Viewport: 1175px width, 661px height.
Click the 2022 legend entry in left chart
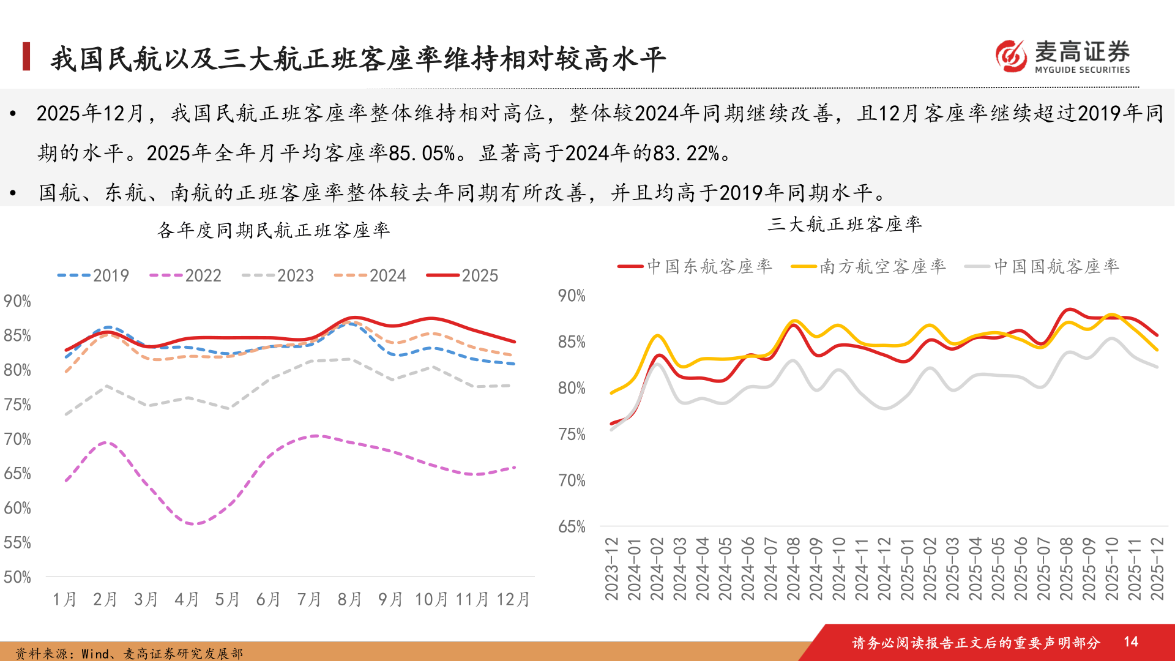click(x=186, y=275)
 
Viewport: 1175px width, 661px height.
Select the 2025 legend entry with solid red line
click(x=463, y=275)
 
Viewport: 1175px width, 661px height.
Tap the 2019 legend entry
click(x=94, y=275)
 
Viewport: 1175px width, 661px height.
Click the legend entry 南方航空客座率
click(x=869, y=266)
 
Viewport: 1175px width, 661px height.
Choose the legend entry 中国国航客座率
click(x=1043, y=266)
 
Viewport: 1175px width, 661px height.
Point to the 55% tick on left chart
click(x=17, y=543)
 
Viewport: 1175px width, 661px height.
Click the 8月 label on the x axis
click(x=349, y=599)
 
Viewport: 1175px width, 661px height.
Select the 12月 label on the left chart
click(x=512, y=599)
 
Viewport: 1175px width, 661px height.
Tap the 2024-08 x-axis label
click(x=793, y=569)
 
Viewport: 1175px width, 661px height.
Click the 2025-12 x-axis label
click(x=1157, y=569)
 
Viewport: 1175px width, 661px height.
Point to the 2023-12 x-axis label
click(x=611, y=569)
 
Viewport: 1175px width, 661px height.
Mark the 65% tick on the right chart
click(x=572, y=527)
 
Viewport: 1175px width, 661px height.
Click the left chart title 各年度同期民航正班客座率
click(x=274, y=230)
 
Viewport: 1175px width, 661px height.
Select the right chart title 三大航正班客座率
click(x=845, y=224)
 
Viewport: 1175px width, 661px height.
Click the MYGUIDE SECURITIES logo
click(x=1063, y=57)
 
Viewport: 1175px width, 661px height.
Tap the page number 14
click(x=1130, y=641)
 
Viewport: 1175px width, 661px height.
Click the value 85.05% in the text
click(x=422, y=153)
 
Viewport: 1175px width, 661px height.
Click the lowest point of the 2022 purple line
click(x=193, y=524)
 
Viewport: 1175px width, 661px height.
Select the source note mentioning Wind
click(x=129, y=654)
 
